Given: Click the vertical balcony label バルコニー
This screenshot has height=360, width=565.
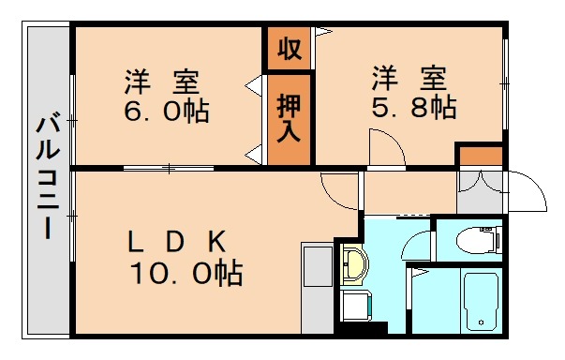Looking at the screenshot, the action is coord(46,179).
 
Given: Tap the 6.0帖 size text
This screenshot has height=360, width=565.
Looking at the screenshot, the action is coord(166,112).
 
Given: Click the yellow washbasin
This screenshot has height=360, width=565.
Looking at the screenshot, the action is coord(352,263).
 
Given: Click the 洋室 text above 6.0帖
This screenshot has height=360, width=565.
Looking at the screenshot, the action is coord(165,79).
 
